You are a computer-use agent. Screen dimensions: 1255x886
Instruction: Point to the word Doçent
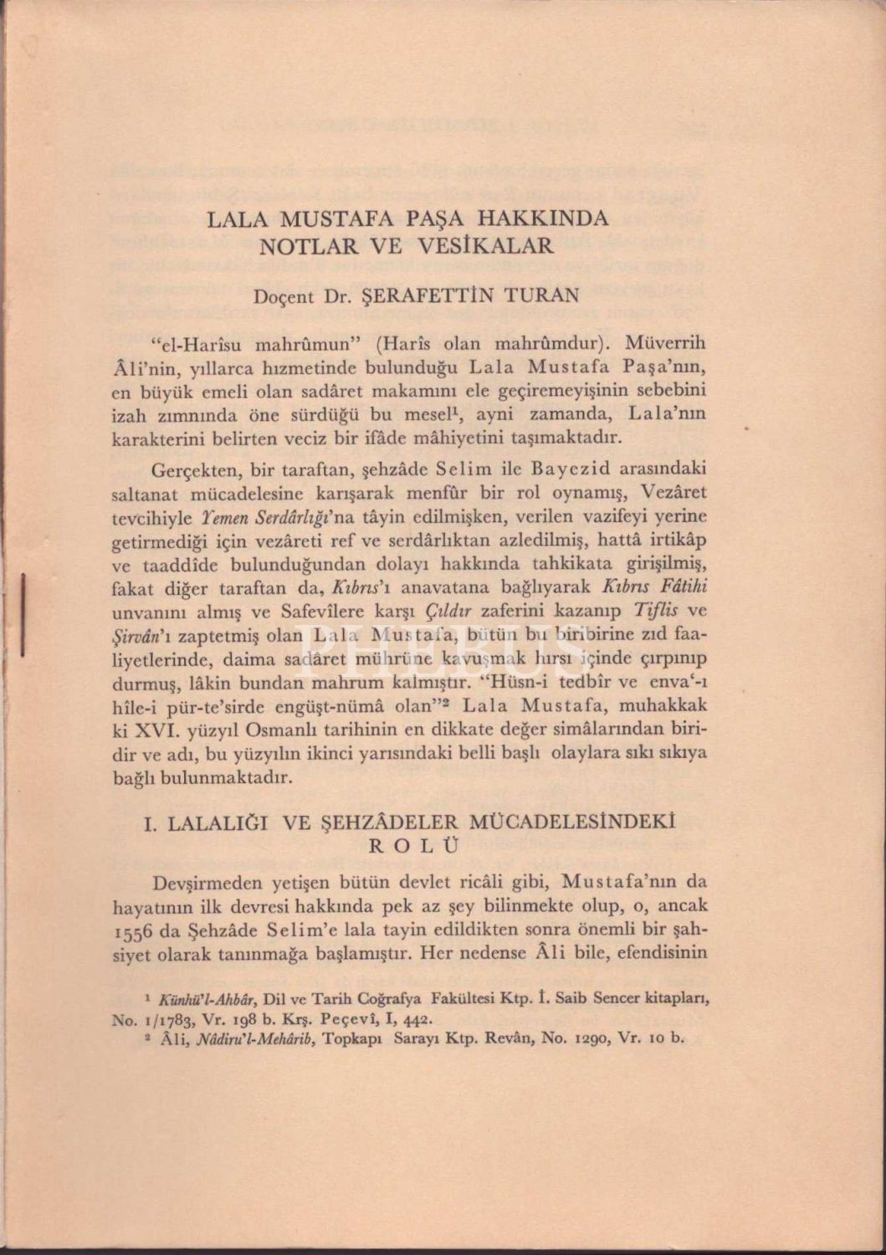(284, 295)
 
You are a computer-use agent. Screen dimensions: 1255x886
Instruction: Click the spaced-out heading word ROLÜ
(415, 845)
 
